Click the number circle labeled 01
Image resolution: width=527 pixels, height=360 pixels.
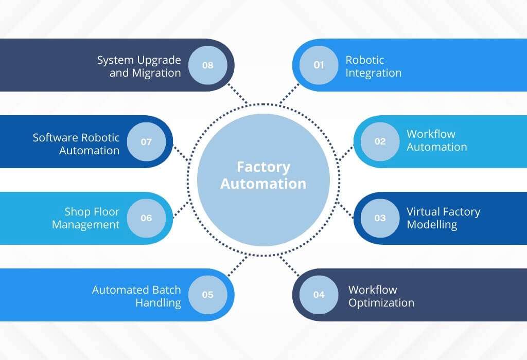pos(319,65)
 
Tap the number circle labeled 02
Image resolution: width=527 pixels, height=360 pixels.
pos(380,141)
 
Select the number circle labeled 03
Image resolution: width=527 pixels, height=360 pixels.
pos(380,218)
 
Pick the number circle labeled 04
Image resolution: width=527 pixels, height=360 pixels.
pos(319,295)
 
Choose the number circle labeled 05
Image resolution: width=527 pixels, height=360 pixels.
pos(207,295)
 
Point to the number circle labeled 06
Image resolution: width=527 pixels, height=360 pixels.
pos(146,218)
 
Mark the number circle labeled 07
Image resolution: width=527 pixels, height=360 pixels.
pos(146,141)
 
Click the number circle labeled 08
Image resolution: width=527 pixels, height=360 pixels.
pos(207,65)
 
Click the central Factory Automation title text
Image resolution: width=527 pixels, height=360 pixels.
pos(263,175)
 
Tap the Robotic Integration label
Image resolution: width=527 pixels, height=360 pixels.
pos(373,66)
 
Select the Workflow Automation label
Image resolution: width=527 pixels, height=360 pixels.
pos(436,140)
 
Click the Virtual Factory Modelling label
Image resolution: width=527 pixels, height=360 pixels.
pos(443,218)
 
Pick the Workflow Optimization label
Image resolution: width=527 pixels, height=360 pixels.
pos(381,296)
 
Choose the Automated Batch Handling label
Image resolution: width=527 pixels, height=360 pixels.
pos(136,296)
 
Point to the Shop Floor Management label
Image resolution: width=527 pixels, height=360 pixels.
pos(85,218)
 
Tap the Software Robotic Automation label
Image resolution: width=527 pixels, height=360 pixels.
pos(76,144)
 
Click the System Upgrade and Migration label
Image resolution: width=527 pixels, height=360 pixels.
pos(139,66)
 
